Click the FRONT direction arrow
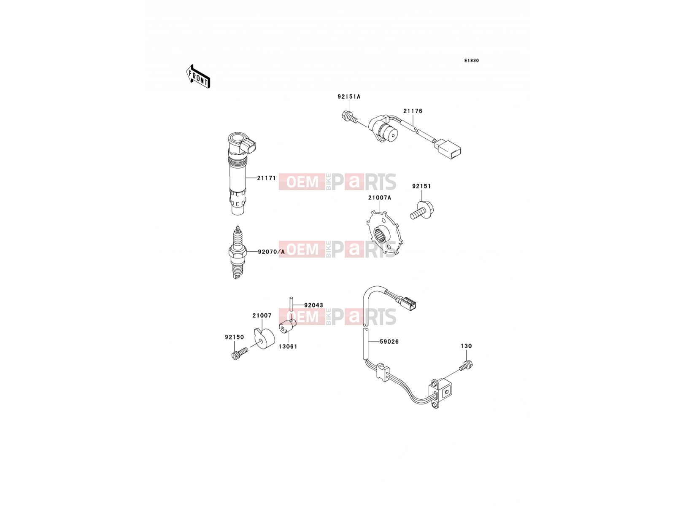[x=198, y=76]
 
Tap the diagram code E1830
[x=471, y=61]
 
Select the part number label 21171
[x=266, y=178]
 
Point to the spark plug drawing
[x=238, y=252]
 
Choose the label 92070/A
[x=271, y=252]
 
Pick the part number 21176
[x=413, y=111]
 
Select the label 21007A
[x=379, y=197]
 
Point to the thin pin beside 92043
[x=291, y=304]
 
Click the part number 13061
[x=288, y=347]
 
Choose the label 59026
[x=389, y=341]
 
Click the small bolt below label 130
[x=466, y=366]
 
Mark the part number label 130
[x=466, y=346]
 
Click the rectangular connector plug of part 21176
[x=448, y=150]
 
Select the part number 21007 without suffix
[x=262, y=315]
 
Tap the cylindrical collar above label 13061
[x=287, y=326]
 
